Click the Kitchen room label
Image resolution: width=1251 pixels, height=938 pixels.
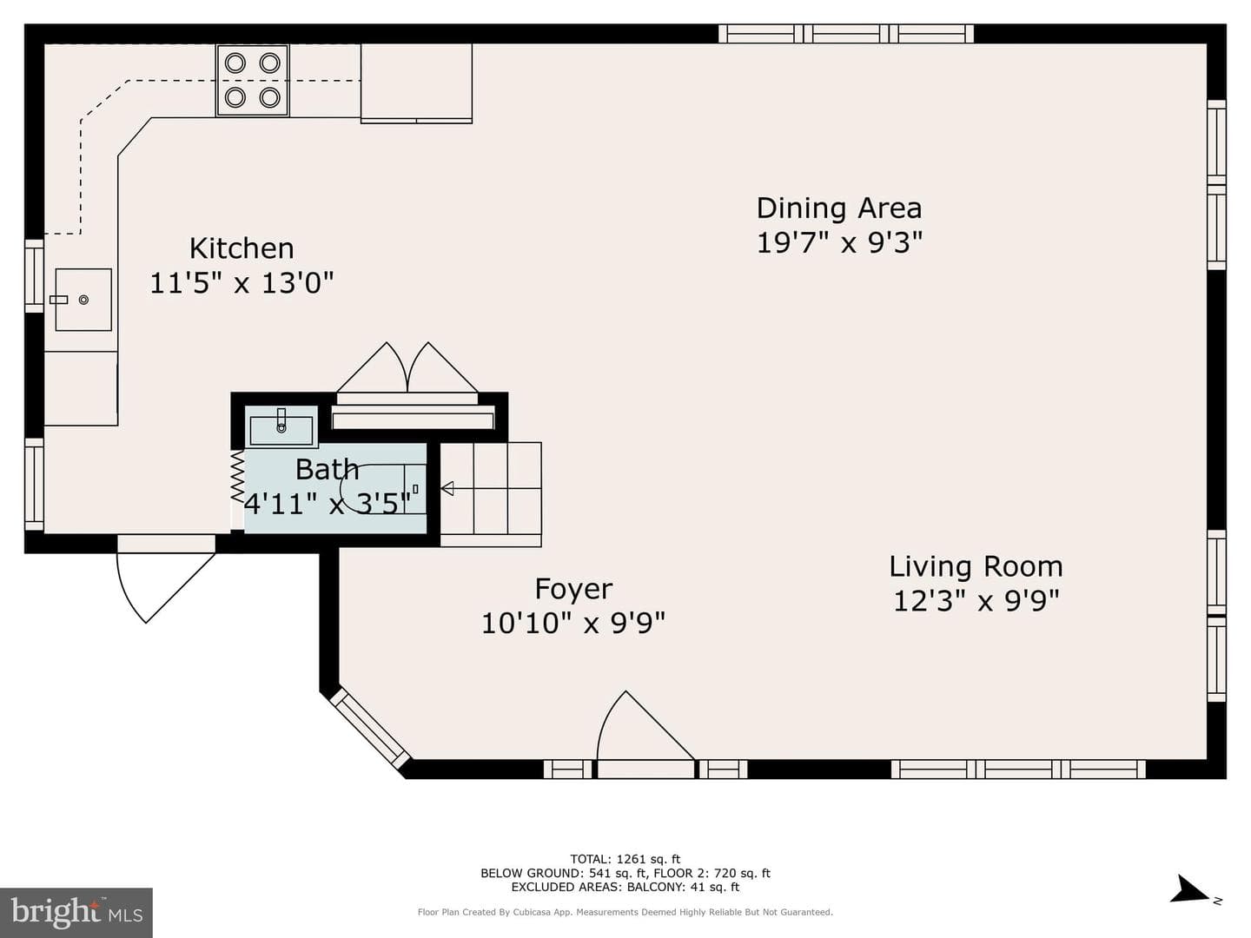tap(242, 248)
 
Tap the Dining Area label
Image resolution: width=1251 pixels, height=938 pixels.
tap(839, 208)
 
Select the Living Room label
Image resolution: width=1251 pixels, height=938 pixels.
tap(976, 566)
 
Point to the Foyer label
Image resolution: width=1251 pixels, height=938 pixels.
tap(573, 590)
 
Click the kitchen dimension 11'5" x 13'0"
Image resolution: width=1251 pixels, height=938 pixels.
tap(242, 282)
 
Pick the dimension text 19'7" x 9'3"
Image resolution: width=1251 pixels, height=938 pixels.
tap(839, 243)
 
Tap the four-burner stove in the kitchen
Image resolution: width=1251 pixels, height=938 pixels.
tap(253, 80)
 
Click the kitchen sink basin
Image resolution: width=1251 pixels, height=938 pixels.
tap(83, 300)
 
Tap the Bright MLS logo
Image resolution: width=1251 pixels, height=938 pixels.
tap(76, 912)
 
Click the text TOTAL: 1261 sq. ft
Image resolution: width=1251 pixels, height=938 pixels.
tap(625, 859)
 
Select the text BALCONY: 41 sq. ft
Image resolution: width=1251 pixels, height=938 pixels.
tap(683, 887)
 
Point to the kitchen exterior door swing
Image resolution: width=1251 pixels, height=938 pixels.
tap(166, 579)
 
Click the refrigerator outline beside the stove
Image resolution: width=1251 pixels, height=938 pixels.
tap(417, 83)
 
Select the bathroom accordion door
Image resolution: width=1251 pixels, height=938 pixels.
tap(237, 477)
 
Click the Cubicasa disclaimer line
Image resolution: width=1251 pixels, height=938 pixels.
tap(625, 912)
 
